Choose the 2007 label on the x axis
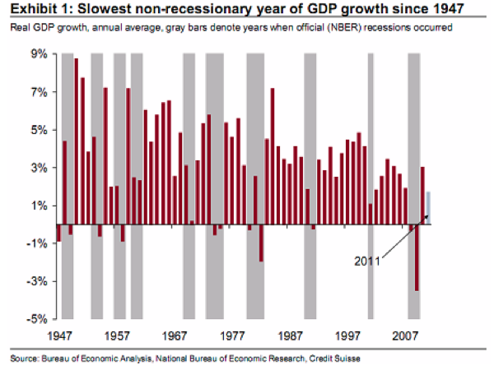(404, 336)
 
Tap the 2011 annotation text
(368, 261)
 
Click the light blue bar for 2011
(428, 207)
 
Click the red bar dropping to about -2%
(261, 243)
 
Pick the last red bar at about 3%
(422, 196)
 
